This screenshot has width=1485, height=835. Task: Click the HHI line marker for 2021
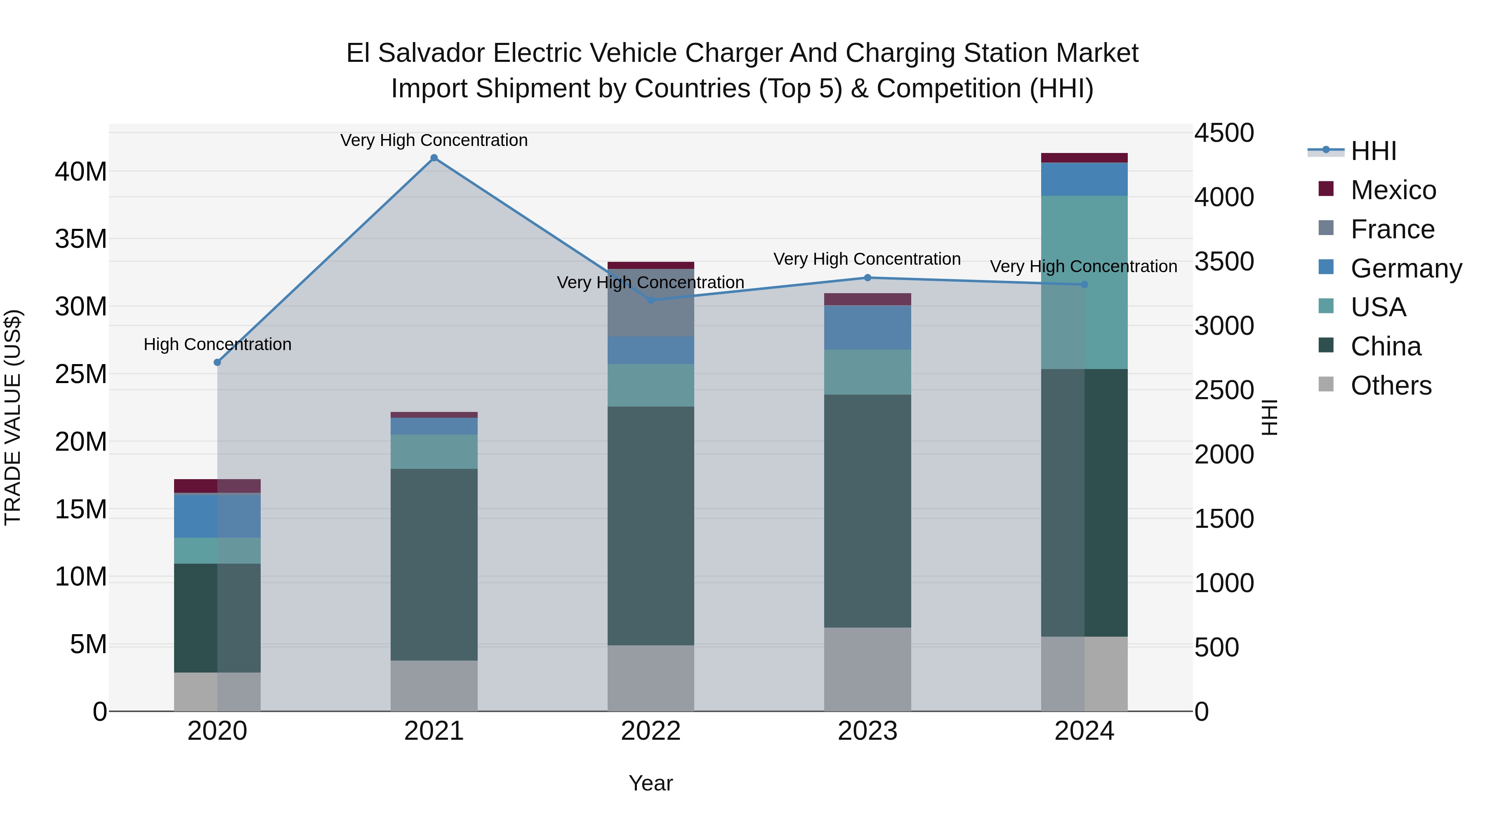pyautogui.click(x=434, y=158)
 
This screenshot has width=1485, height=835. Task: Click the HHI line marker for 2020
pyautogui.click(x=217, y=362)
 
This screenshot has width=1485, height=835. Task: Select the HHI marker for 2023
pyautogui.click(x=867, y=278)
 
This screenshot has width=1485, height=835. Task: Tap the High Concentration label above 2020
pyautogui.click(x=217, y=345)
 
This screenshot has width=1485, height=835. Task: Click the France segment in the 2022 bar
pyautogui.click(x=651, y=303)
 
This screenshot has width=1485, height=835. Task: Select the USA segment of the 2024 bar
pyautogui.click(x=1084, y=282)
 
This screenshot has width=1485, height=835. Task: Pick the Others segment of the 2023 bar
pyautogui.click(x=867, y=669)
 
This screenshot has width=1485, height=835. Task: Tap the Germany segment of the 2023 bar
pyautogui.click(x=867, y=327)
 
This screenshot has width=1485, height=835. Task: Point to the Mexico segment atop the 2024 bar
pyautogui.click(x=1084, y=158)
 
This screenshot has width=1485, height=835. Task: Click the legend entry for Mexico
pyautogui.click(x=1393, y=190)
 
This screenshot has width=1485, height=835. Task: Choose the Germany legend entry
pyautogui.click(x=1405, y=268)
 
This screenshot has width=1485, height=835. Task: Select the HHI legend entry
pyautogui.click(x=1373, y=151)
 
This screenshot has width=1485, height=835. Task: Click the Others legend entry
pyautogui.click(x=1391, y=386)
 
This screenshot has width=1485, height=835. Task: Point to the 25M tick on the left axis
pyautogui.click(x=81, y=374)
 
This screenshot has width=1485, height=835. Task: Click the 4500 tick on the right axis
pyautogui.click(x=1223, y=133)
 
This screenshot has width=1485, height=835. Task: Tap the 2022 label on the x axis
pyautogui.click(x=651, y=731)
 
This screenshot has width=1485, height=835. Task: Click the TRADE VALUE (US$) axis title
pyautogui.click(x=13, y=417)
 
